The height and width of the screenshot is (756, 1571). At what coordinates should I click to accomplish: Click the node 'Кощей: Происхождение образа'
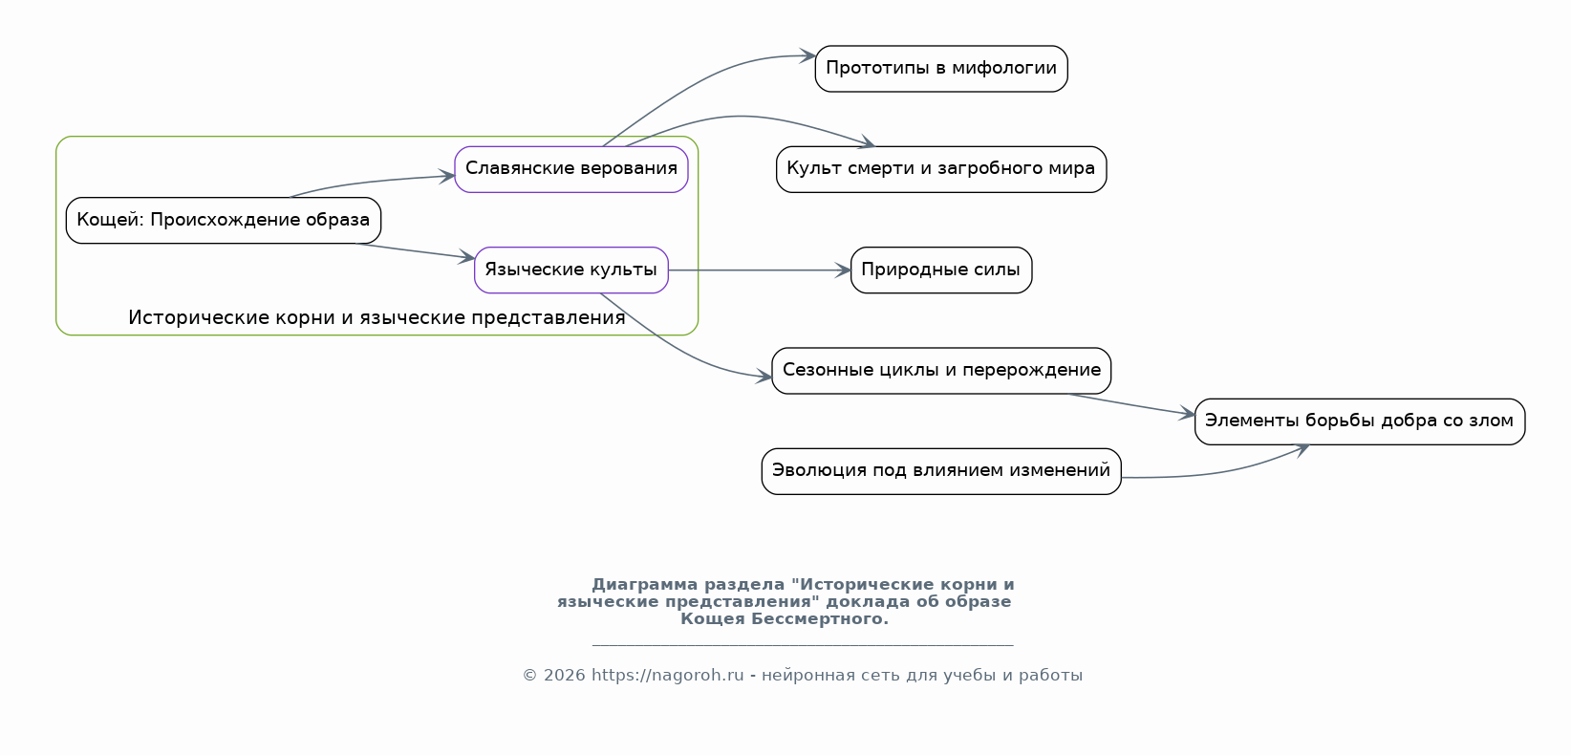[x=223, y=220]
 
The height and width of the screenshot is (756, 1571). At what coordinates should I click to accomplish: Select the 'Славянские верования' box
[x=570, y=169]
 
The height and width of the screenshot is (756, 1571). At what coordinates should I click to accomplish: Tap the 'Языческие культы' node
[x=570, y=270]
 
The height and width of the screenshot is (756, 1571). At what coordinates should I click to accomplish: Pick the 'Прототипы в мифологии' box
[x=940, y=68]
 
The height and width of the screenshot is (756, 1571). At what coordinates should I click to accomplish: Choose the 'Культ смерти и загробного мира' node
[x=940, y=169]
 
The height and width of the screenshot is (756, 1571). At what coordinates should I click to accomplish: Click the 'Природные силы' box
[x=940, y=270]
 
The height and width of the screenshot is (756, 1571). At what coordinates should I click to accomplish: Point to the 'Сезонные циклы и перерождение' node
[x=940, y=370]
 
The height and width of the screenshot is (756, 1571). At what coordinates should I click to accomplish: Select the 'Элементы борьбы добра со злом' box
[x=1359, y=421]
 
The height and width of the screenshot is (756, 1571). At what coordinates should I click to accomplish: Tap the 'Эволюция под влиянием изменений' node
[x=940, y=470]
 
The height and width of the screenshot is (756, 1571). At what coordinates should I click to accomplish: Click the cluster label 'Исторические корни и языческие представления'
[x=377, y=318]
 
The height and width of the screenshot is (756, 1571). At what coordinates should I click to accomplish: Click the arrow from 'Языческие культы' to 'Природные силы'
[x=755, y=270]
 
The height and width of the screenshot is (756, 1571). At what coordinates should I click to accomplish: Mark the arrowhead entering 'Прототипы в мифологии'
[x=807, y=56]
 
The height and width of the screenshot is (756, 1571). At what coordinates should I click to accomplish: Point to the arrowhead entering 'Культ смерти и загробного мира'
[x=867, y=144]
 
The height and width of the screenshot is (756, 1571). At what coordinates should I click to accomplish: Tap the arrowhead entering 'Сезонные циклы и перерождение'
[x=764, y=378]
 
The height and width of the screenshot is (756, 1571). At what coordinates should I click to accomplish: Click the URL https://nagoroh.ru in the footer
[x=667, y=676]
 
